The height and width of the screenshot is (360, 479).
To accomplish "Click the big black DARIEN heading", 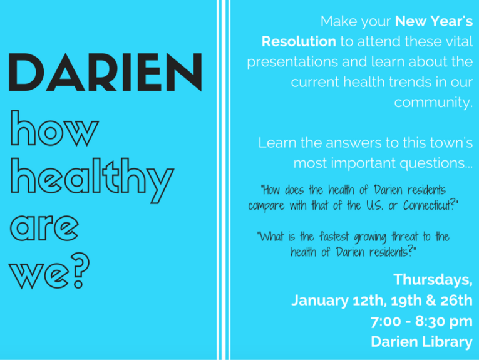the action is pos(105,73).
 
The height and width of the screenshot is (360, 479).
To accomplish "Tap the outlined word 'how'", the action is pos(54,128).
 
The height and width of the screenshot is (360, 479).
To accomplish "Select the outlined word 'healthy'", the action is pos(92,180).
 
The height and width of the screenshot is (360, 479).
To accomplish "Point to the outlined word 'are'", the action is pos(44,227).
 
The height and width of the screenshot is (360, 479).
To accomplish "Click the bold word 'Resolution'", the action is pos(299,41).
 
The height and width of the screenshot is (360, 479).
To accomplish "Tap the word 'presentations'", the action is pos(292,62).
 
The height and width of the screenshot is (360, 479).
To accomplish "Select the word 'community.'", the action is pos(433,103).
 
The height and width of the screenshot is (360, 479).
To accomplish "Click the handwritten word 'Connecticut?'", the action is pos(431,205).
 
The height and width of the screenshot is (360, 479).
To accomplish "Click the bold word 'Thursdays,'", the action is pos(433,280).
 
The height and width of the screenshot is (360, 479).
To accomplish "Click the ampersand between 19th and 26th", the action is pos(430,301).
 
